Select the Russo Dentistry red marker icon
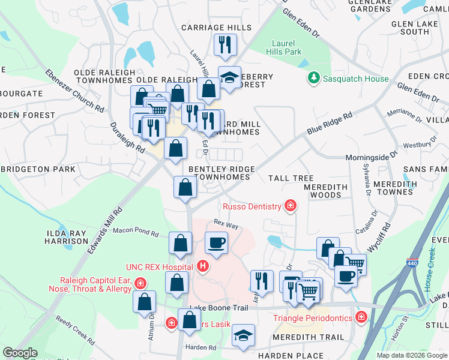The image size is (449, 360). point(291,207)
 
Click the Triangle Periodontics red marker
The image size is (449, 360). point(361,317)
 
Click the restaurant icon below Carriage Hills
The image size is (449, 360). point(226,44)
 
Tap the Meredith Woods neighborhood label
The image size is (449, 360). point(326,191)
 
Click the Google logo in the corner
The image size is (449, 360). point(20,353)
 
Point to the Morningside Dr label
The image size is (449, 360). point(372,157)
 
